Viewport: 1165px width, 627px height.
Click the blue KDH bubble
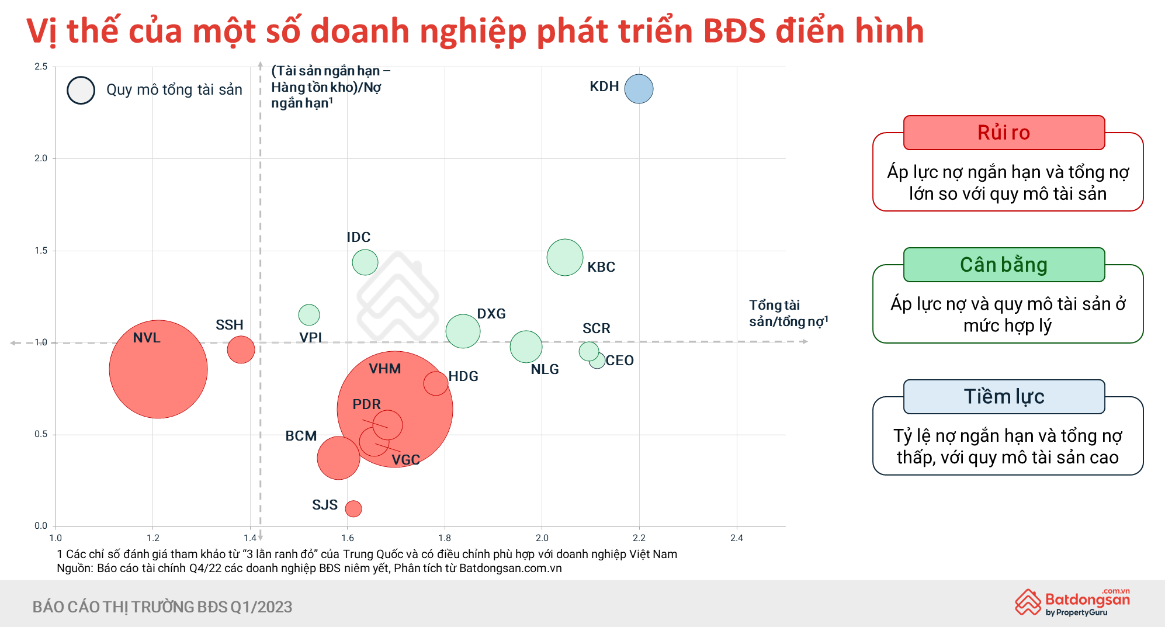tap(639, 89)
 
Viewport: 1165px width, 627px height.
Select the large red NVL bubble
tap(158, 369)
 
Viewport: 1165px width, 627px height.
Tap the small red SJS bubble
tap(353, 508)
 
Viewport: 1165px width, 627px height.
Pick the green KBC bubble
tap(565, 257)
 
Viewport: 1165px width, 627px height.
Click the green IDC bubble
tap(365, 262)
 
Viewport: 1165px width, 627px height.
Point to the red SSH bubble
tap(241, 349)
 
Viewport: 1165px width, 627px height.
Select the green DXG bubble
tap(463, 331)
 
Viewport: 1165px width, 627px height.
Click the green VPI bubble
tap(309, 315)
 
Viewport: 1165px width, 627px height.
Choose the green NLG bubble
tap(526, 347)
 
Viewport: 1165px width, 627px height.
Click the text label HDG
tap(463, 376)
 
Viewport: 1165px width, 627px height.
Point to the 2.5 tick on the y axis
tap(41, 67)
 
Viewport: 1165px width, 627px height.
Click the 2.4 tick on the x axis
tap(736, 538)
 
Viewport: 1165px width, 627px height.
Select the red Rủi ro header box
tap(1004, 133)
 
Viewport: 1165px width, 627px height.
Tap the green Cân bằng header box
tap(1004, 265)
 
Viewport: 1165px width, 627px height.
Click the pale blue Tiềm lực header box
tap(1004, 397)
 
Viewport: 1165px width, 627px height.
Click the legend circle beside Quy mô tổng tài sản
tap(81, 90)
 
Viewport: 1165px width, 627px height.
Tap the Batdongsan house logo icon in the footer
tap(1028, 602)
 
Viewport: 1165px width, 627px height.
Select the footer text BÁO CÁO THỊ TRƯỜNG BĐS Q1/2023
tap(162, 607)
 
